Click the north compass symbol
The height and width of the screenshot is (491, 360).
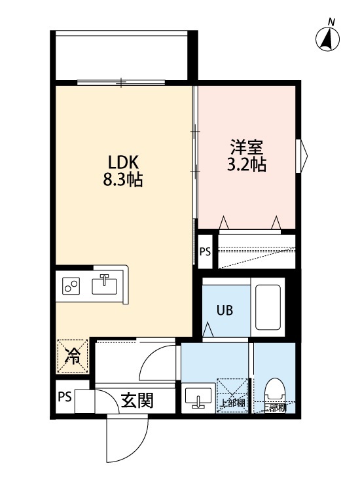(x=327, y=40)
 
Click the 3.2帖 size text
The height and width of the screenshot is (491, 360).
(x=246, y=164)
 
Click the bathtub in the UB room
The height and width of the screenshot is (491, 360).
(x=268, y=308)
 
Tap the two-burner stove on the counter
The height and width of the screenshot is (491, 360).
(x=71, y=286)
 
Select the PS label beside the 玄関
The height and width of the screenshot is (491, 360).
(x=63, y=397)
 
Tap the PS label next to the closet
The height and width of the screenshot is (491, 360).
(x=205, y=250)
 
